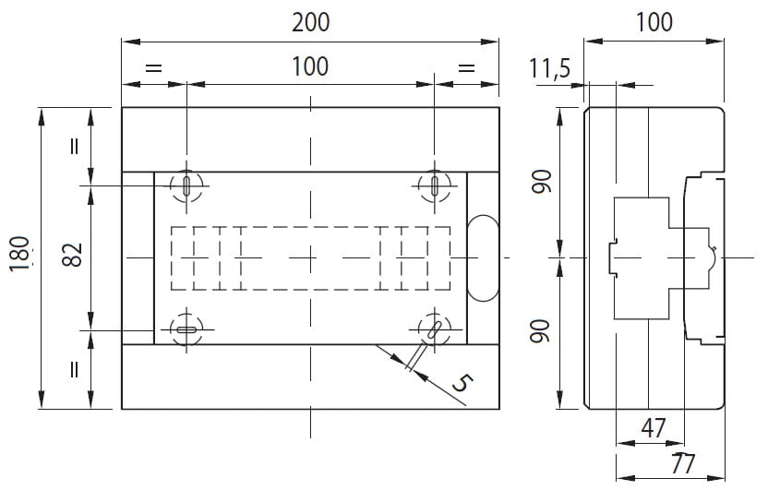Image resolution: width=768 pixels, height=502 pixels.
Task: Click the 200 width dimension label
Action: pyautogui.click(x=310, y=22)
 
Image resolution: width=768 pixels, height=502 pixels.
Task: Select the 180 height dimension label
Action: pyautogui.click(x=19, y=253)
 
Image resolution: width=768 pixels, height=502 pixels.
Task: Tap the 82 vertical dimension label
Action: pyautogui.click(x=73, y=254)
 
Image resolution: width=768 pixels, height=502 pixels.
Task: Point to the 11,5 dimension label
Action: pyautogui.click(x=549, y=67)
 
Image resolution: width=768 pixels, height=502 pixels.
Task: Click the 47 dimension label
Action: pyautogui.click(x=654, y=427)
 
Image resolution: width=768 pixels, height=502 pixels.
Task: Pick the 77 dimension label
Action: pyautogui.click(x=683, y=464)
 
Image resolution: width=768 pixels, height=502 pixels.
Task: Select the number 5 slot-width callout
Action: pyautogui.click(x=462, y=383)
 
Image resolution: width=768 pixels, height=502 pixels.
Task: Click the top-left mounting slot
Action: pyautogui.click(x=186, y=186)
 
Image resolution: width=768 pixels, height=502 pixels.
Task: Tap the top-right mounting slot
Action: pyautogui.click(x=435, y=186)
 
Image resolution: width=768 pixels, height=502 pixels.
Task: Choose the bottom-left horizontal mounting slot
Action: pyautogui.click(x=186, y=329)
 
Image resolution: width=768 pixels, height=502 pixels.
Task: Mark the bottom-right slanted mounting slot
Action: pyautogui.click(x=434, y=329)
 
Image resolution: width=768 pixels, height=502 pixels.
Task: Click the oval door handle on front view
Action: pyautogui.click(x=484, y=257)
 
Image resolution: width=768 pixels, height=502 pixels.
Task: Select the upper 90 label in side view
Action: pyautogui.click(x=542, y=181)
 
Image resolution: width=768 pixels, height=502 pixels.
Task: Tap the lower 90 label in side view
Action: pyautogui.click(x=542, y=331)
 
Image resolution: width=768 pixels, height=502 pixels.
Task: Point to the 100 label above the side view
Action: pyautogui.click(x=654, y=22)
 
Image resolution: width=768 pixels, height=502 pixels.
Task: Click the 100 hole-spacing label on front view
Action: pyautogui.click(x=310, y=66)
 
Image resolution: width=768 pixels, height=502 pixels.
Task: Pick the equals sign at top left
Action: pyautogui.click(x=153, y=67)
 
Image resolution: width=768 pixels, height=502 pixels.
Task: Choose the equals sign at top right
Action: pyautogui.click(x=466, y=67)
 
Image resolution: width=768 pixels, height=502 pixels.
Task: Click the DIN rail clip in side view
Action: pyautogui.click(x=613, y=257)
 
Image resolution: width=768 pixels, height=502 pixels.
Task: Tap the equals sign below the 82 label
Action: pyautogui.click(x=74, y=369)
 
